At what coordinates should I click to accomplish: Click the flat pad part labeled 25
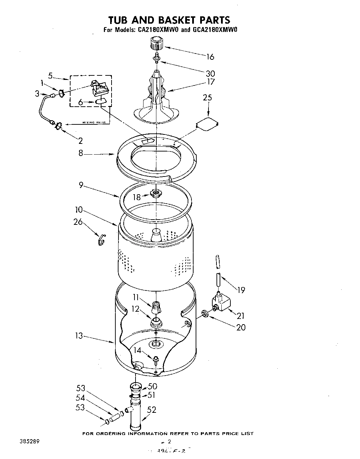(207, 124)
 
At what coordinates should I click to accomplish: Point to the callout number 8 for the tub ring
(81, 153)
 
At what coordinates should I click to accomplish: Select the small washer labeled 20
(205, 314)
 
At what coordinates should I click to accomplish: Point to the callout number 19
(241, 289)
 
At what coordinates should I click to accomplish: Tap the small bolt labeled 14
(156, 359)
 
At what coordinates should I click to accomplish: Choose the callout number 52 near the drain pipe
(152, 410)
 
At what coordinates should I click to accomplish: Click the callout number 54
(80, 397)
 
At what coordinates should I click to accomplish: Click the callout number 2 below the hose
(81, 140)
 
